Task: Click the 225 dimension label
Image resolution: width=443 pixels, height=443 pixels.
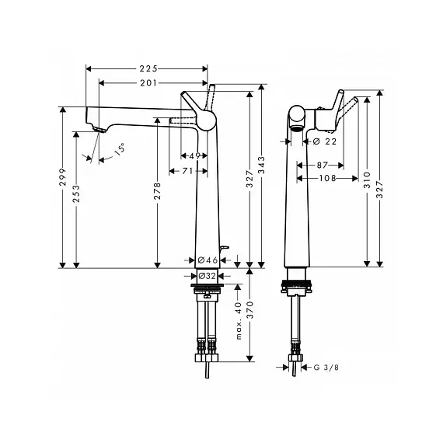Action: pyautogui.click(x=148, y=68)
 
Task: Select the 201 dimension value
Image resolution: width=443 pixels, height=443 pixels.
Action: pyautogui.click(x=148, y=83)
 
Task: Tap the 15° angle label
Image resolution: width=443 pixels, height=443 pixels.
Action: pyautogui.click(x=120, y=149)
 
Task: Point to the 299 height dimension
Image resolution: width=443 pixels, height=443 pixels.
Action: pyautogui.click(x=63, y=177)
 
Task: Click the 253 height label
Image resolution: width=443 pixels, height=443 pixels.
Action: pyautogui.click(x=76, y=194)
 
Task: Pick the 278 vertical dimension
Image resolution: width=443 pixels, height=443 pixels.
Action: pyautogui.click(x=157, y=191)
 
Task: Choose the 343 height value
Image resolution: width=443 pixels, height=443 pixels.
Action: pyautogui.click(x=262, y=165)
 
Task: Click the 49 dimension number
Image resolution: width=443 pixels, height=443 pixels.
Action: pyautogui.click(x=194, y=155)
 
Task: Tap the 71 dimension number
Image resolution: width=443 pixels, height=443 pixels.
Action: pyautogui.click(x=187, y=171)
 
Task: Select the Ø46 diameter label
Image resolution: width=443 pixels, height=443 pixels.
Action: pyautogui.click(x=208, y=260)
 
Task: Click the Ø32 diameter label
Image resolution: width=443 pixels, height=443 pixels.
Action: pyautogui.click(x=207, y=276)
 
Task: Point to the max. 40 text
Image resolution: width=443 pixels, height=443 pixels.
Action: pyautogui.click(x=239, y=320)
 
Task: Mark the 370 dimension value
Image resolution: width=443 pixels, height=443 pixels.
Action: pyautogui.click(x=250, y=310)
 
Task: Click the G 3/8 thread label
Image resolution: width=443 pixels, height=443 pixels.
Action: pyautogui.click(x=326, y=368)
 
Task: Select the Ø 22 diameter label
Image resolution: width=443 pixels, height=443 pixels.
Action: pyautogui.click(x=325, y=141)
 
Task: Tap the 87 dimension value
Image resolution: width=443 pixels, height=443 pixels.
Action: pyautogui.click(x=322, y=165)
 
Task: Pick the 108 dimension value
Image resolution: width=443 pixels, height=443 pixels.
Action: pyautogui.click(x=327, y=178)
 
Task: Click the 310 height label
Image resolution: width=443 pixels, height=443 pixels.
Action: pyautogui.click(x=368, y=180)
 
